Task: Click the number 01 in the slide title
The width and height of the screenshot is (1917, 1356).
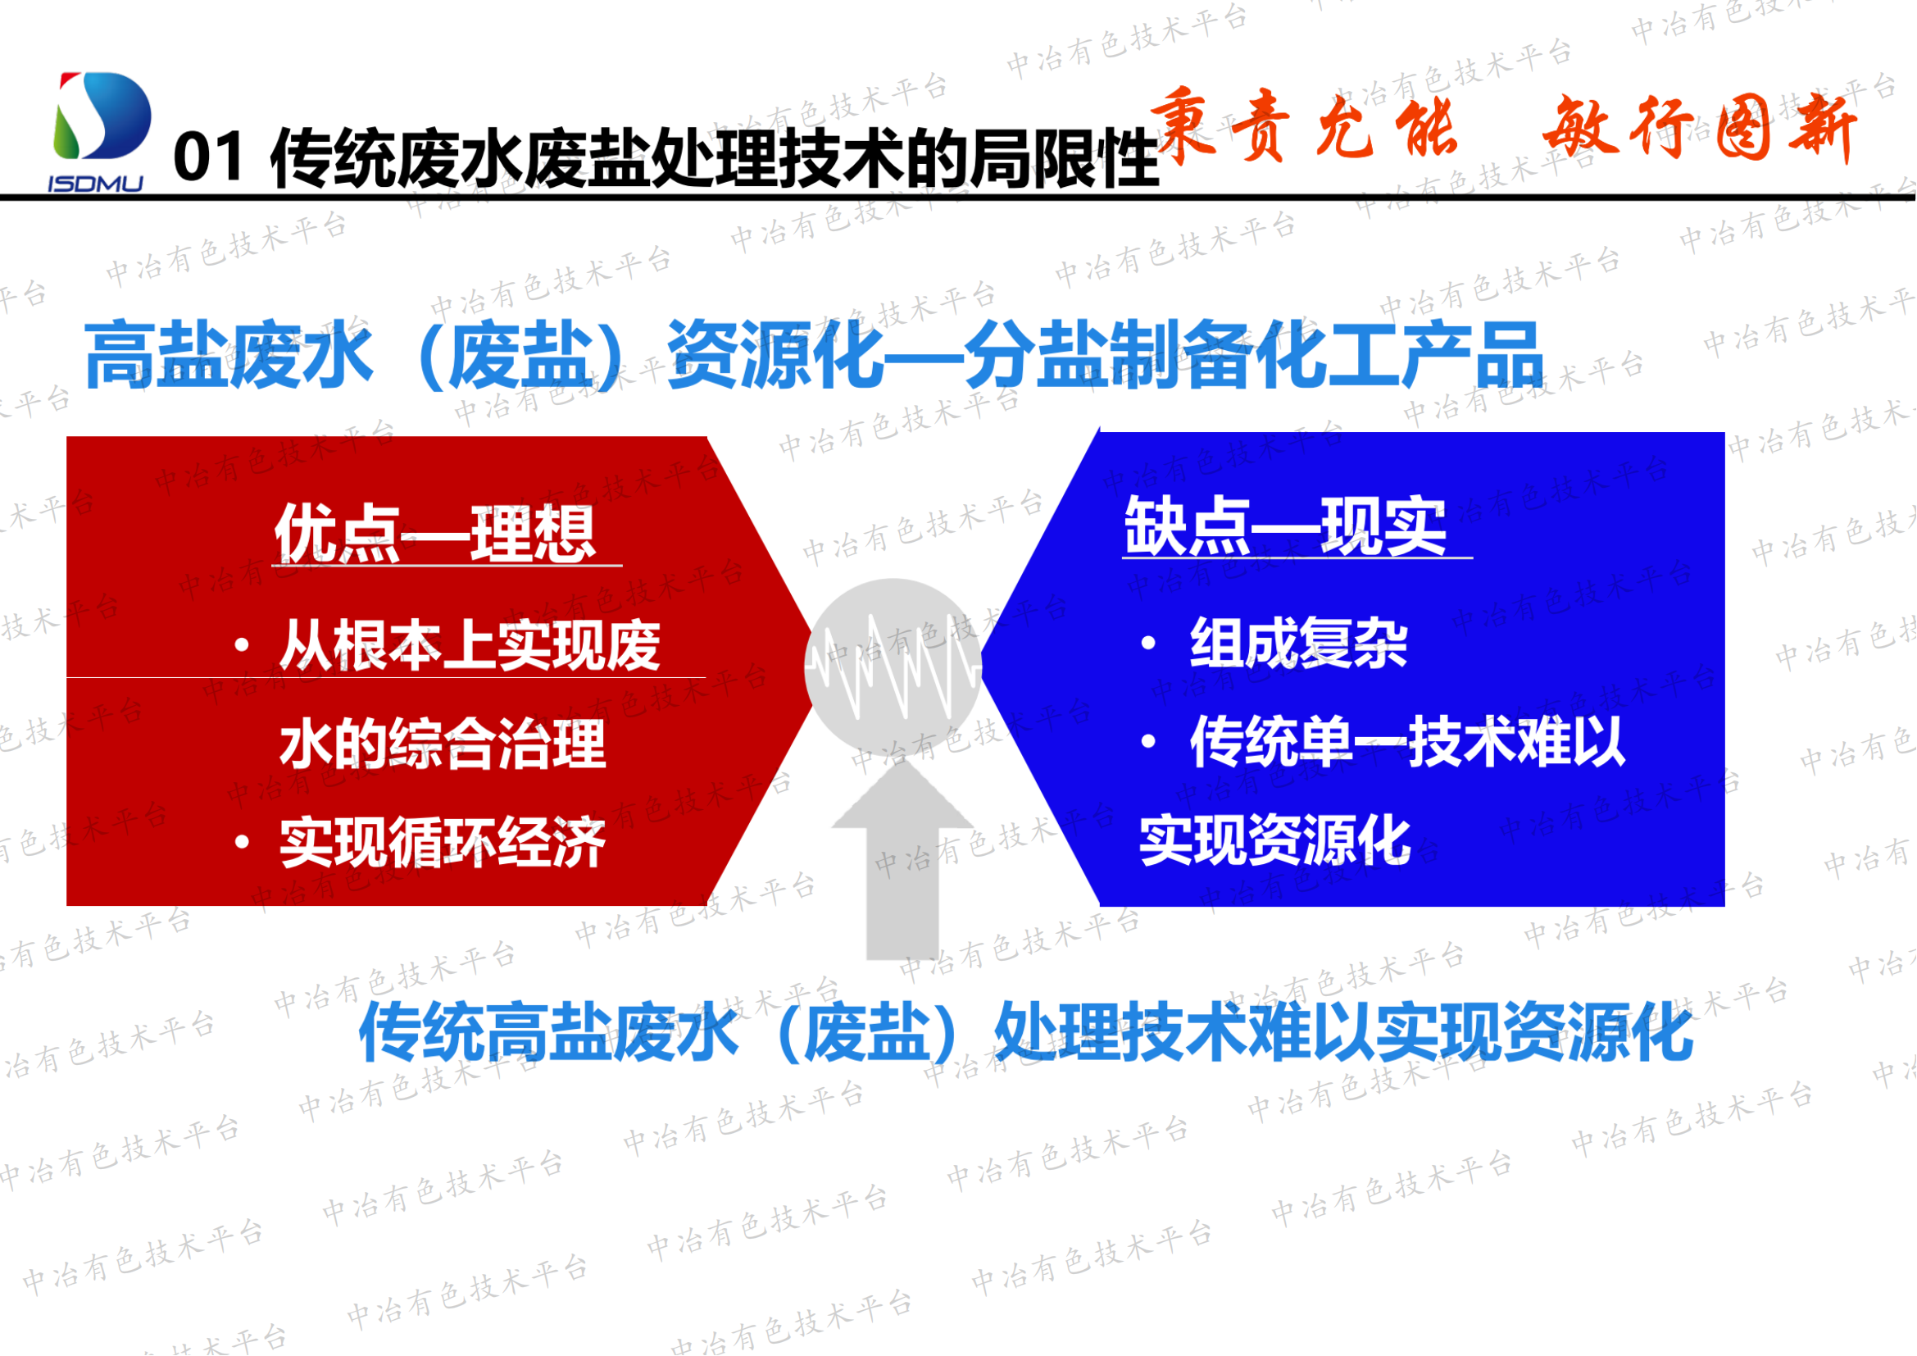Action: pyautogui.click(x=208, y=157)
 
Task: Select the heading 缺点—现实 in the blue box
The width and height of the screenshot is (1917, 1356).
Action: pyautogui.click(x=1285, y=526)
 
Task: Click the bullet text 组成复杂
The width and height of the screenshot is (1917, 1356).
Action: pyautogui.click(x=1298, y=643)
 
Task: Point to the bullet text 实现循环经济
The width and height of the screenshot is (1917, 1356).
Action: pyautogui.click(x=443, y=843)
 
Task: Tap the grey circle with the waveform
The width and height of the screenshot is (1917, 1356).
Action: pyautogui.click(x=893, y=667)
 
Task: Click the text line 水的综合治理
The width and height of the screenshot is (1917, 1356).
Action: pyautogui.click(x=443, y=744)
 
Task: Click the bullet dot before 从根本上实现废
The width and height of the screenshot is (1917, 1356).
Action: pyautogui.click(x=242, y=644)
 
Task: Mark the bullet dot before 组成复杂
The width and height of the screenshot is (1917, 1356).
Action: pyautogui.click(x=1149, y=643)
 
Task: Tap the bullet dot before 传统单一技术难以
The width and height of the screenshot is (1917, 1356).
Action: pyautogui.click(x=1149, y=740)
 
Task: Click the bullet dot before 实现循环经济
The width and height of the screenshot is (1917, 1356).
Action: pyautogui.click(x=242, y=843)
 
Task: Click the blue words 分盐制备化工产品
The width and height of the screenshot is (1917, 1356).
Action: pyautogui.click(x=1252, y=356)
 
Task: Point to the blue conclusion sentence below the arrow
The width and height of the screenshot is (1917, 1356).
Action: pyautogui.click(x=1025, y=1033)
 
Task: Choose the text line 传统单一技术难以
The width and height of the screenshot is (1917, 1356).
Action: pyautogui.click(x=1407, y=740)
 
